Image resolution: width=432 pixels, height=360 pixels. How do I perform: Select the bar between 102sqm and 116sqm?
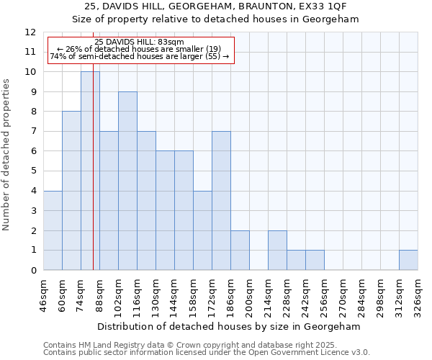(127, 181)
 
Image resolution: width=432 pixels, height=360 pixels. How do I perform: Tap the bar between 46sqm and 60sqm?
(53, 230)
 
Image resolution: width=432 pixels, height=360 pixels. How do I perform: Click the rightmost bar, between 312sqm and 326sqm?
(408, 260)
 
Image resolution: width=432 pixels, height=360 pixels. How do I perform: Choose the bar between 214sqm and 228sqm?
(277, 250)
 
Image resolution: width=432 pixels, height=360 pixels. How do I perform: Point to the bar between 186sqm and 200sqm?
(240, 250)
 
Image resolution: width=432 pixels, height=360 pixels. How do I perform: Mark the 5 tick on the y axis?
(33, 171)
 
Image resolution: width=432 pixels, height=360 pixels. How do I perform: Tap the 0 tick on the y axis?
(33, 271)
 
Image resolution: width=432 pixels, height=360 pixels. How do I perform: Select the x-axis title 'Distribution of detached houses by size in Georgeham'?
(230, 326)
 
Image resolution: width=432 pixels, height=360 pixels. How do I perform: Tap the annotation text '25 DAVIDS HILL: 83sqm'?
(140, 42)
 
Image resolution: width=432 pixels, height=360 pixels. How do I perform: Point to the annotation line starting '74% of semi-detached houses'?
(140, 56)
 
